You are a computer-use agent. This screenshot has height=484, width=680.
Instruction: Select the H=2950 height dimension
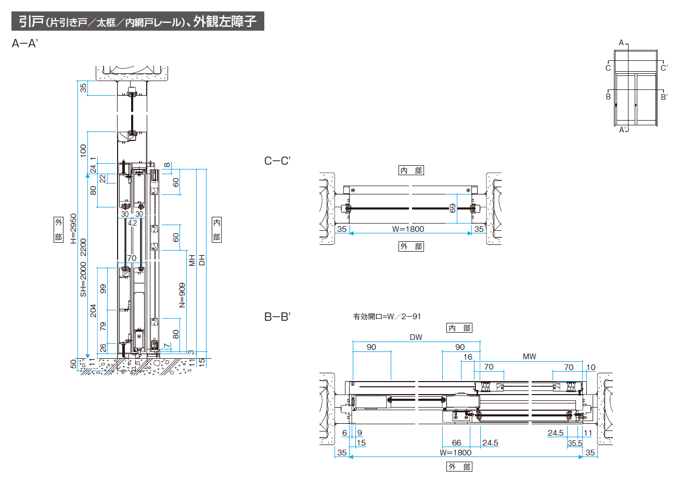tap(73, 229)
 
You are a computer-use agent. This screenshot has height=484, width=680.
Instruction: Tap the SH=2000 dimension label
tap(83, 279)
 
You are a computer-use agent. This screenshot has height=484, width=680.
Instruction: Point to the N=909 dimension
tap(182, 295)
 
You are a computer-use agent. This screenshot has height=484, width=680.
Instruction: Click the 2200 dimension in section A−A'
tap(83, 247)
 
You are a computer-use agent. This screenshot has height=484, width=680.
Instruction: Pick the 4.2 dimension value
tap(132, 223)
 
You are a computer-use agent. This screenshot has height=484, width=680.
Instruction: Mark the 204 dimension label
tap(93, 311)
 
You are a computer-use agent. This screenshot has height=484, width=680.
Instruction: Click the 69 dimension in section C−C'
tap(453, 208)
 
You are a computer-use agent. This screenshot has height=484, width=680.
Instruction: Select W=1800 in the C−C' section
tap(408, 229)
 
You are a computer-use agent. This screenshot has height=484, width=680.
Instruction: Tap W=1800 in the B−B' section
tap(455, 452)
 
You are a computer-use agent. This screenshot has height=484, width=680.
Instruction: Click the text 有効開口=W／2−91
tap(387, 316)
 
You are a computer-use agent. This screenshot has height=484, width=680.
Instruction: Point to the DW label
tap(416, 337)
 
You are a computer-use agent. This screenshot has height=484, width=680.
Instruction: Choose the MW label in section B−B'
tap(529, 357)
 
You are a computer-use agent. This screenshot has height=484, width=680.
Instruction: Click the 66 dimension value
tap(456, 443)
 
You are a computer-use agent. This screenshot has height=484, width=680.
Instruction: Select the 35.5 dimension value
tap(575, 443)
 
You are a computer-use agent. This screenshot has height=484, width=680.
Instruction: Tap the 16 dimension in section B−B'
tap(468, 357)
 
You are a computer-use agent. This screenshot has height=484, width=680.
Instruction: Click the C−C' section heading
tap(277, 161)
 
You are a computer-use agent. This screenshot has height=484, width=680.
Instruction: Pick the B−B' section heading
tap(277, 317)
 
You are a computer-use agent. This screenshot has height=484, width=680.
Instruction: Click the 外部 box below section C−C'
tap(411, 246)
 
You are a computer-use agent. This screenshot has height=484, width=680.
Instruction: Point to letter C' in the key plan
tap(664, 68)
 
